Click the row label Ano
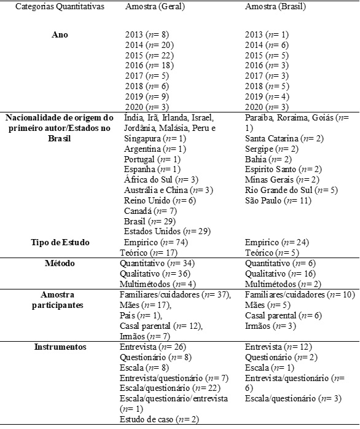[60, 36]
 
